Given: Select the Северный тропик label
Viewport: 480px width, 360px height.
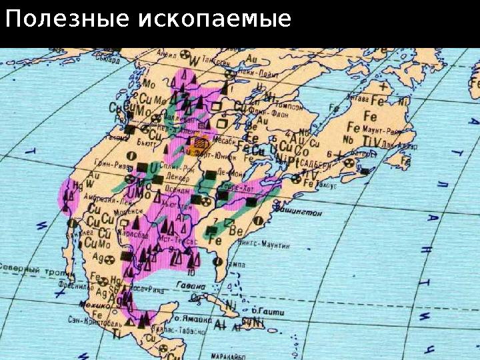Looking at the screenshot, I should pos(26,267).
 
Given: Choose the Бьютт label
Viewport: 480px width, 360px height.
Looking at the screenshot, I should pos(146,143).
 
